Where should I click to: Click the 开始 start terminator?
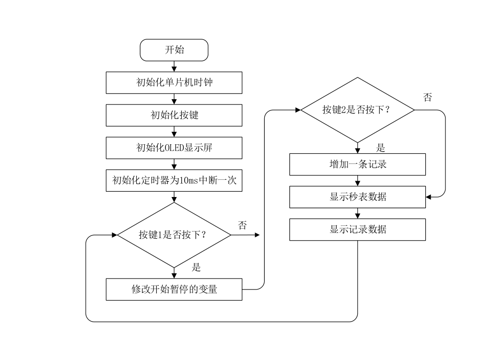(174, 50)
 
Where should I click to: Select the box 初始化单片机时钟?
(174, 82)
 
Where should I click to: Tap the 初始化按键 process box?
(174, 115)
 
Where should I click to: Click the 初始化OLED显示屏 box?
(174, 148)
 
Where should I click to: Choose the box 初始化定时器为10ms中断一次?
(174, 180)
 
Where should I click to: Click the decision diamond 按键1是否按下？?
(174, 235)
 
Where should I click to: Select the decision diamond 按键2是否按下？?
(357, 110)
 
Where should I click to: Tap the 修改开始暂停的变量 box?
(174, 290)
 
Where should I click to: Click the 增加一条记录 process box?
(357, 164)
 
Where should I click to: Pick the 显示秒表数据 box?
(357, 197)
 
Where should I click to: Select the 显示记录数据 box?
(357, 230)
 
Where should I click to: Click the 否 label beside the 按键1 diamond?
(242, 226)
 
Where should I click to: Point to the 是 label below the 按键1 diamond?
(196, 267)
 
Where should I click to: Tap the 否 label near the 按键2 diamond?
(427, 98)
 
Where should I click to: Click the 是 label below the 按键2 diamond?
(381, 148)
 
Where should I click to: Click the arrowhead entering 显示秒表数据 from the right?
(429, 197)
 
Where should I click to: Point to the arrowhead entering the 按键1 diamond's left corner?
(114, 235)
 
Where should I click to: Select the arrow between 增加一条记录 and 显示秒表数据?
(357, 181)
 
